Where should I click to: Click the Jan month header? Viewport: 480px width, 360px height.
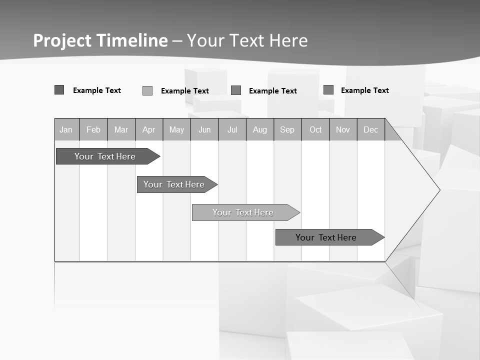tap(66, 130)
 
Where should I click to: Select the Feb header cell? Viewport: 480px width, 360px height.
tap(93, 130)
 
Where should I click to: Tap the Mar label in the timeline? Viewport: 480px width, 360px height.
tap(121, 130)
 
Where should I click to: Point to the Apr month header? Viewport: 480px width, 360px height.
tap(148, 130)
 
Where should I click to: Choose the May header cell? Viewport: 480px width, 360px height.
tap(176, 130)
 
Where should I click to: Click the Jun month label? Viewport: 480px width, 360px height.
tap(204, 130)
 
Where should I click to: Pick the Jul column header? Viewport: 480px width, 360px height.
tap(232, 130)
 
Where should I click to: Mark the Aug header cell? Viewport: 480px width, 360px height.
tap(260, 130)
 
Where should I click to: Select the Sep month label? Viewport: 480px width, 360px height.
tap(287, 130)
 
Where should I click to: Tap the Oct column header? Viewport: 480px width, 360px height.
tap(315, 130)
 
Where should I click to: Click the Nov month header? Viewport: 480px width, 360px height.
tap(343, 130)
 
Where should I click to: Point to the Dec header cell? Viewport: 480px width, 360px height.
tap(371, 130)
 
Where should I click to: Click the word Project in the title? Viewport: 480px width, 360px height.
tap(62, 40)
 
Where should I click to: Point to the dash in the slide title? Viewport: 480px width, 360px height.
tap(177, 41)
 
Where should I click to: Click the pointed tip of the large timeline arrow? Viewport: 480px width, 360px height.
tap(439, 190)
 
